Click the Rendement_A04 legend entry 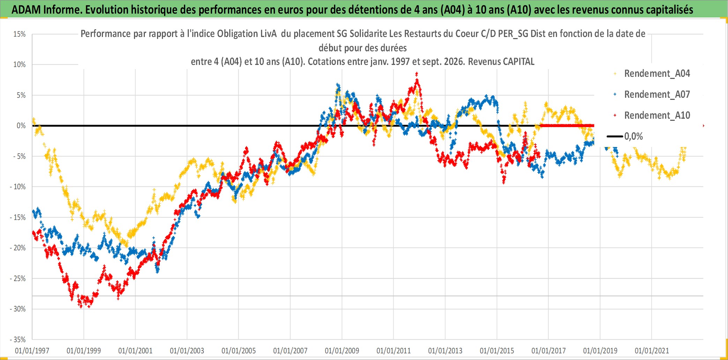(x=652, y=74)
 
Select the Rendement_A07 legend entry (x=652, y=95)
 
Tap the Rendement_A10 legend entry (x=652, y=116)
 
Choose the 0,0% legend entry (x=625, y=136)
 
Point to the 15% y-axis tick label (x=20, y=34)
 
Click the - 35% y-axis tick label (x=17, y=339)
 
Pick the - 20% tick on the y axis (x=17, y=248)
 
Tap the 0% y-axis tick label (x=21, y=126)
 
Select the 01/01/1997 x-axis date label (x=32, y=351)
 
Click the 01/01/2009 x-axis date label (x=342, y=351)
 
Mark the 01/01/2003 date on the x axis (x=187, y=351)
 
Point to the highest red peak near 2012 (x=416, y=74)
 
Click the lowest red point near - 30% (x=81, y=307)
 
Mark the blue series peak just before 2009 (x=337, y=84)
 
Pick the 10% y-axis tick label (x=20, y=65)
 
